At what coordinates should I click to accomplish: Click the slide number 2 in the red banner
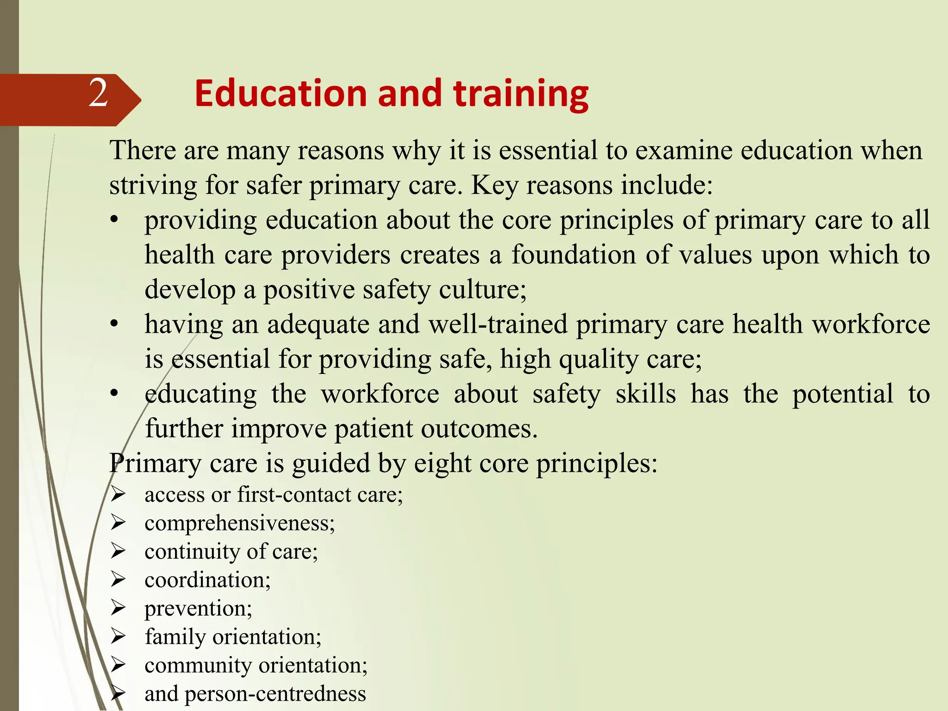click(98, 94)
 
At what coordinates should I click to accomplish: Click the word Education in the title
click(281, 94)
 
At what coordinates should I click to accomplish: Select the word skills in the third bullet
click(645, 394)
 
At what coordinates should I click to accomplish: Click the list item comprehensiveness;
click(239, 524)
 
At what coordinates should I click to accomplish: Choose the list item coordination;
click(207, 580)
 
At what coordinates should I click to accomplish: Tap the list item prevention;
click(198, 609)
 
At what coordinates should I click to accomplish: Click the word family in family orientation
click(175, 637)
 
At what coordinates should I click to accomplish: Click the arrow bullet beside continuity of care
click(118, 552)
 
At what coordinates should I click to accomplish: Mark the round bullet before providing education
click(114, 220)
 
